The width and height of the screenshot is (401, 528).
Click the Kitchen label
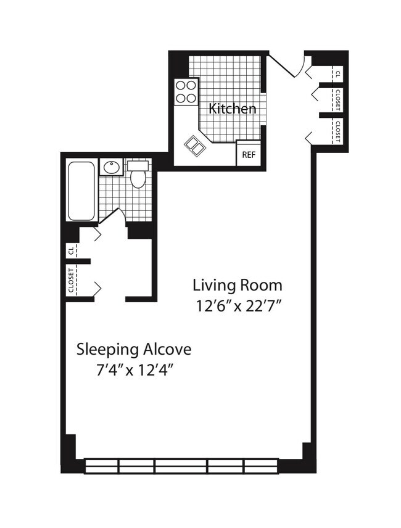232,109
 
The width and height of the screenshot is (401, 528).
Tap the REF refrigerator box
249,154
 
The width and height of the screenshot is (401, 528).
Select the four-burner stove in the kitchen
186,91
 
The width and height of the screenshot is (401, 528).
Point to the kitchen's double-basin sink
195,146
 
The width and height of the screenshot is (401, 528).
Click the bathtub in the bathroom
81,191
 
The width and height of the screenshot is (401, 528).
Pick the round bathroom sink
112,167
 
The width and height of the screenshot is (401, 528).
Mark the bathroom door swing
111,216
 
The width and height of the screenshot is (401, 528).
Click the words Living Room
238,286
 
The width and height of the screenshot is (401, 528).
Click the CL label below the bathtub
72,250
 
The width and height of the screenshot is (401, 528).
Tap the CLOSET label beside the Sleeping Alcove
72,281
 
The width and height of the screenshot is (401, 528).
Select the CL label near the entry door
337,73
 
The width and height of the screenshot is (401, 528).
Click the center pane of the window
180,466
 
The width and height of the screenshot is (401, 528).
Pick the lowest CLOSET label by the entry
337,131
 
